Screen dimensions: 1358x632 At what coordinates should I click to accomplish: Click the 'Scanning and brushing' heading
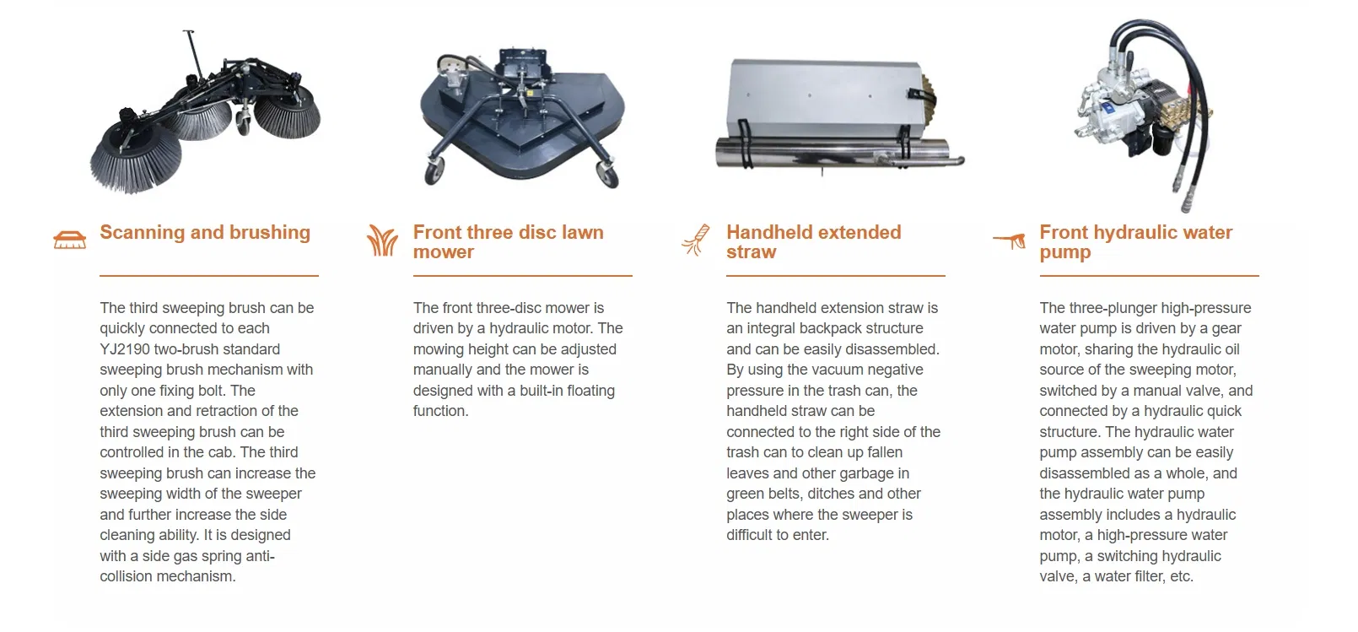coord(205,232)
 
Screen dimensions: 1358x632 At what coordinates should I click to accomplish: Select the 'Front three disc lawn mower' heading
coord(508,242)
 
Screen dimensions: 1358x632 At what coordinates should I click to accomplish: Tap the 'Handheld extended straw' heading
coord(814,242)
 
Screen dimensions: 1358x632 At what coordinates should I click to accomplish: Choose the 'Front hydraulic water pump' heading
coord(1135,242)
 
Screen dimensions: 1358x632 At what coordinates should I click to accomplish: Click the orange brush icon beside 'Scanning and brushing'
coord(70,240)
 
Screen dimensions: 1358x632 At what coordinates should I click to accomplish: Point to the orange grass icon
coord(383,240)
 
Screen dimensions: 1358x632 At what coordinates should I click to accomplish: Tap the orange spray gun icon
coord(1010,240)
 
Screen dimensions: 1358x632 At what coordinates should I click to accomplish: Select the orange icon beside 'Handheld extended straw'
coord(696,240)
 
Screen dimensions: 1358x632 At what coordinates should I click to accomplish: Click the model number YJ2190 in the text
coord(126,349)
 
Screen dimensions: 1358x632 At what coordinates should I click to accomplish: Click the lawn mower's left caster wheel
coord(434,170)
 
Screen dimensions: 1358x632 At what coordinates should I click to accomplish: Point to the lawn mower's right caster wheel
coord(607,174)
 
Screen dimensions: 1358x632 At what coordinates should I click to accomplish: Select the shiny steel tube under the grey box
coord(833,152)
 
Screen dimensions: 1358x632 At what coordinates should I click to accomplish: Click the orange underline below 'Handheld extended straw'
coord(835,275)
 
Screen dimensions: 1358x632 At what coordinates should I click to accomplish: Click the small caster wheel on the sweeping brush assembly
coord(244,122)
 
